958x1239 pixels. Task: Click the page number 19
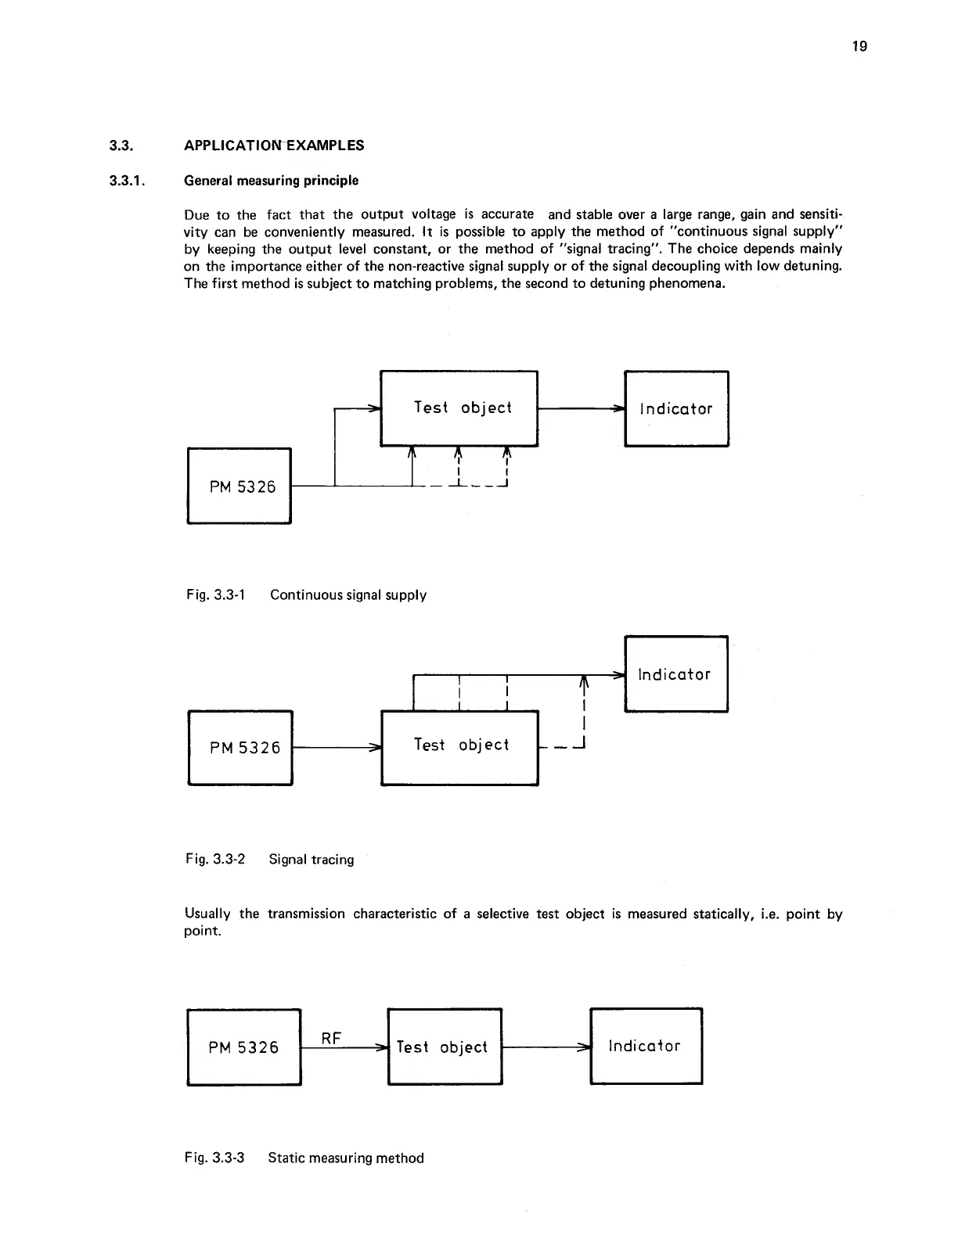coord(859,46)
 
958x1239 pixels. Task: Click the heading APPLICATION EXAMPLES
coord(274,145)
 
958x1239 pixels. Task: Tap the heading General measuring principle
coord(271,181)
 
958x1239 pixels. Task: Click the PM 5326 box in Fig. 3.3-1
coord(239,486)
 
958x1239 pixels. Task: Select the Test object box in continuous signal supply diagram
coord(459,408)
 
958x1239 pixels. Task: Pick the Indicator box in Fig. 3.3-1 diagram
coord(676,408)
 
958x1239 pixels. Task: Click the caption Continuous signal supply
coord(348,595)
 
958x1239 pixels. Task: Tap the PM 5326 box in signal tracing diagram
coord(241,747)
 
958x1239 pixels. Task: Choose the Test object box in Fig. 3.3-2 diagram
coord(459,745)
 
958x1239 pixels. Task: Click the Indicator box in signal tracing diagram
coord(676,673)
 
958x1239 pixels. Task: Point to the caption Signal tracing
coord(312,860)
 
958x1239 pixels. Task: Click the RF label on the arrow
coord(331,1038)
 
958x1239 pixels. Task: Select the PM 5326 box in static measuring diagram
coord(244,1047)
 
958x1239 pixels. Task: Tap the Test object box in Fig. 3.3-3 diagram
coord(445,1047)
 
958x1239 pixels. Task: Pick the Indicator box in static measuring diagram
coord(646,1046)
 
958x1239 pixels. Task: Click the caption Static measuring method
coord(346,1158)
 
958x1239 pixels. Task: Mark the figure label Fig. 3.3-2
coord(215,860)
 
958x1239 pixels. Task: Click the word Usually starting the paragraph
coord(207,914)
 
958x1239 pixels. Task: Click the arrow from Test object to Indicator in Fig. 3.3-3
coord(546,1047)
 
